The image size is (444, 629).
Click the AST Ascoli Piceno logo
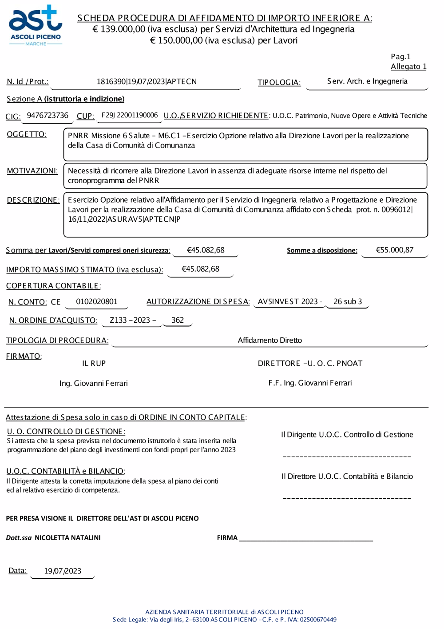pos(36,26)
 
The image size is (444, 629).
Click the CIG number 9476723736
pos(48,116)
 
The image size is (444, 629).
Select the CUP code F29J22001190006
pos(129,116)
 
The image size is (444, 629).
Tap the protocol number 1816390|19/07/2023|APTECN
pos(147,82)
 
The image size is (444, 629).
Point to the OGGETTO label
pos(27,134)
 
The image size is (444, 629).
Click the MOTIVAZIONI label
pos(32,171)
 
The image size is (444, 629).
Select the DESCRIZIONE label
pos(33,200)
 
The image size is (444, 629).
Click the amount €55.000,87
pos(394,250)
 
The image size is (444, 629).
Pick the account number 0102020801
pos(97,302)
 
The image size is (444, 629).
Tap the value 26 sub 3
pos(348,302)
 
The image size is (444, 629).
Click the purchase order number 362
pos(178,321)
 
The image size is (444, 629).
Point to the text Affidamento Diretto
pos(270,341)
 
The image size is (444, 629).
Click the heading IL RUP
pos(94,364)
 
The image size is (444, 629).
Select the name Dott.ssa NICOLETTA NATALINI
pos(53,538)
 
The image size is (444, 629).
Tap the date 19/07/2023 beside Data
pos(63,571)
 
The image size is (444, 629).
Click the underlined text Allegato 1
pos(408,67)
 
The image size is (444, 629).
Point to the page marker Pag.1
pos(400,57)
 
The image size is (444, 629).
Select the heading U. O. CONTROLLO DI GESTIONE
pos(66,432)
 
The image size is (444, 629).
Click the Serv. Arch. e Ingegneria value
pos(367,81)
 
